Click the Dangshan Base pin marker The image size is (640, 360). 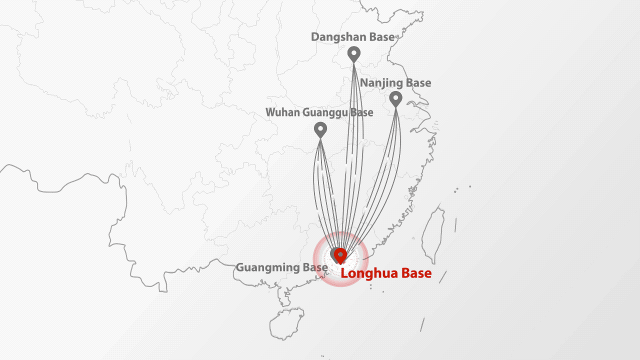pyautogui.click(x=354, y=53)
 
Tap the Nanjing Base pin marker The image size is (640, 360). pyautogui.click(x=395, y=97)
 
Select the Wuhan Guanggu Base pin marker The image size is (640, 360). pyautogui.click(x=320, y=129)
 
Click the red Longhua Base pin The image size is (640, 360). pyautogui.click(x=340, y=255)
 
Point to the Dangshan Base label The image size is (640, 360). pyautogui.click(x=352, y=37)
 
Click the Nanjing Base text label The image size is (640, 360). pyautogui.click(x=395, y=83)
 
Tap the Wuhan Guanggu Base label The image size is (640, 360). pyautogui.click(x=319, y=112)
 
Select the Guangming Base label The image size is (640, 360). pyautogui.click(x=281, y=268)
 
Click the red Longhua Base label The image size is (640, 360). pyautogui.click(x=385, y=273)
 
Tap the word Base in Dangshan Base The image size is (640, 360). pyautogui.click(x=381, y=37)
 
